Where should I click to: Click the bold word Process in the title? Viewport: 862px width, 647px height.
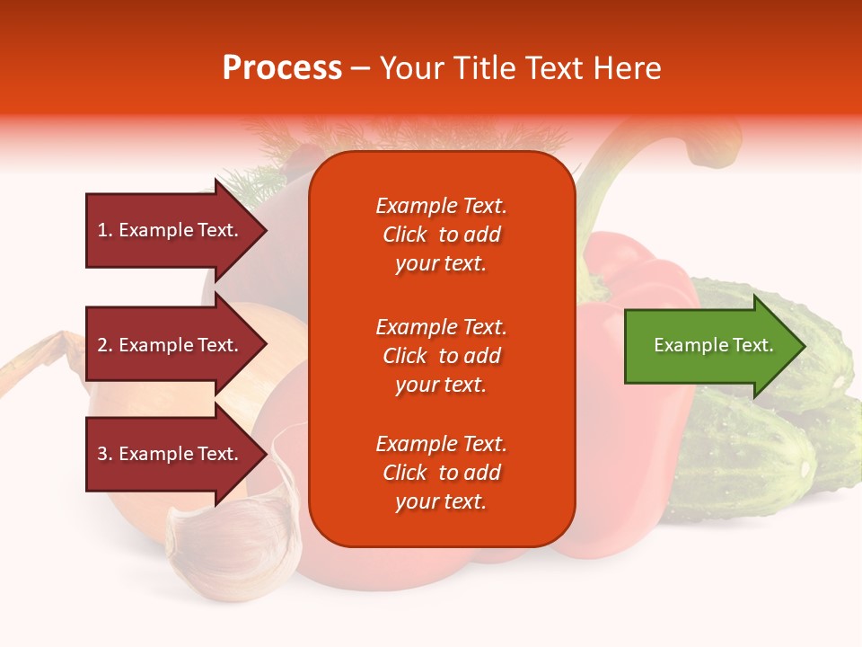pyautogui.click(x=282, y=68)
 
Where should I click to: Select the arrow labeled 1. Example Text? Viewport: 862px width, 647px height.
pyautogui.click(x=171, y=230)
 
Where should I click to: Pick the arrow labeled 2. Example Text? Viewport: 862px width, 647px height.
pyautogui.click(x=171, y=345)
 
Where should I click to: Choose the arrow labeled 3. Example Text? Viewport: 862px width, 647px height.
pyautogui.click(x=171, y=454)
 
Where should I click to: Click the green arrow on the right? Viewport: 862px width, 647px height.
pyautogui.click(x=709, y=345)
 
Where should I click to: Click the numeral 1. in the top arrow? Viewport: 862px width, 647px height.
pyautogui.click(x=105, y=230)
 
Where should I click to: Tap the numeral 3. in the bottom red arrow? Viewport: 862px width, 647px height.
pyautogui.click(x=105, y=454)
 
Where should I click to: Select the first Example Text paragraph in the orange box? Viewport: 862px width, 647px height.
pyautogui.click(x=441, y=235)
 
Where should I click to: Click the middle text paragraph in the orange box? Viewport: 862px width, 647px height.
pyautogui.click(x=441, y=356)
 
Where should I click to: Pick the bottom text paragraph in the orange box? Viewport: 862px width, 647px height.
pyautogui.click(x=441, y=473)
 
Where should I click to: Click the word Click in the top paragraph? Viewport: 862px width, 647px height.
pyautogui.click(x=404, y=235)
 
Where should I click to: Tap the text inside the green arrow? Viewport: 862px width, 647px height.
pyautogui.click(x=713, y=345)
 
